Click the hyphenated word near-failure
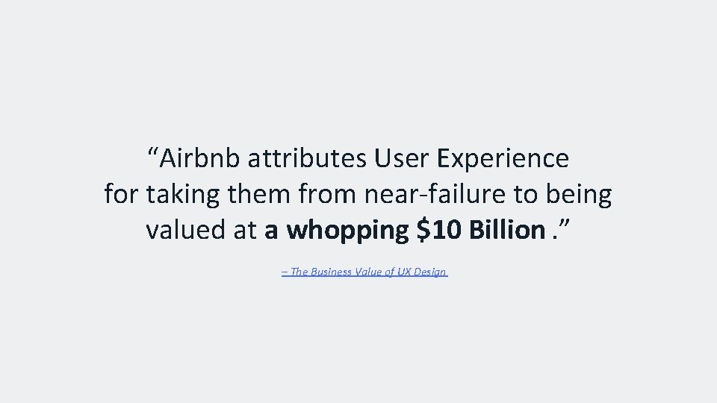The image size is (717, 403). click(433, 194)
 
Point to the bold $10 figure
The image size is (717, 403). click(437, 230)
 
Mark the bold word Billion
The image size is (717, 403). click(506, 230)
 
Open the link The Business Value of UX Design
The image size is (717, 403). click(364, 272)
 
